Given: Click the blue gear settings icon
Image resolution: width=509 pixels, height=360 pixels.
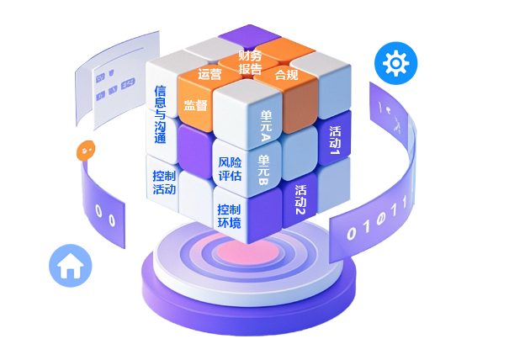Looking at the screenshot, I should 395,63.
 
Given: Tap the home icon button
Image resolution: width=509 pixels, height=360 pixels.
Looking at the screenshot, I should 70,266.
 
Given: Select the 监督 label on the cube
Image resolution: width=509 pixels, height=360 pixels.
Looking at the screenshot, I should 195,106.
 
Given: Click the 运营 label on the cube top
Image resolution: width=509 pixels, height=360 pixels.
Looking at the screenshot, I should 209,74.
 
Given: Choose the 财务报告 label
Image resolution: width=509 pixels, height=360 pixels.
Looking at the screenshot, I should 250,62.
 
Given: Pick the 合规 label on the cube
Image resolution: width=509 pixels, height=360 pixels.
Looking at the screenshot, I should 286,75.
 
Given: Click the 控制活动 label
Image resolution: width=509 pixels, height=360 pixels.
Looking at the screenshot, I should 164,182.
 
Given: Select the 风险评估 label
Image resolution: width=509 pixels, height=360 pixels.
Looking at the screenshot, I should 230,169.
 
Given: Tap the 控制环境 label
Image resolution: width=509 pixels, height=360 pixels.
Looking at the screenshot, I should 229,216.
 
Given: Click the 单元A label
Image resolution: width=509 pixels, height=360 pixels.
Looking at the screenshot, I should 265,125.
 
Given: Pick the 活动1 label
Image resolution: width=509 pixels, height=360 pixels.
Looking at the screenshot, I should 334,140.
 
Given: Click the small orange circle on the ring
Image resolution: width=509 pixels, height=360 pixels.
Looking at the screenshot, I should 86,151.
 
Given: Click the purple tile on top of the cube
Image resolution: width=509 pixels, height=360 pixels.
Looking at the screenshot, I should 252,35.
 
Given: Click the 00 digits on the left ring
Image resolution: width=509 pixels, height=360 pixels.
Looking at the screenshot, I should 105,214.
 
